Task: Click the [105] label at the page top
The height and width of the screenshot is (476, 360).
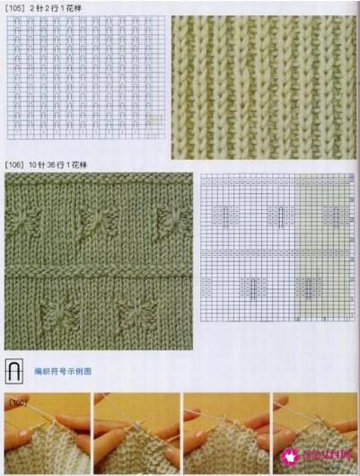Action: click(15, 7)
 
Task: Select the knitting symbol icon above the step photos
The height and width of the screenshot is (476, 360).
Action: click(13, 369)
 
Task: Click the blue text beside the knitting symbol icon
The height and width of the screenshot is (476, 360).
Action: click(63, 371)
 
